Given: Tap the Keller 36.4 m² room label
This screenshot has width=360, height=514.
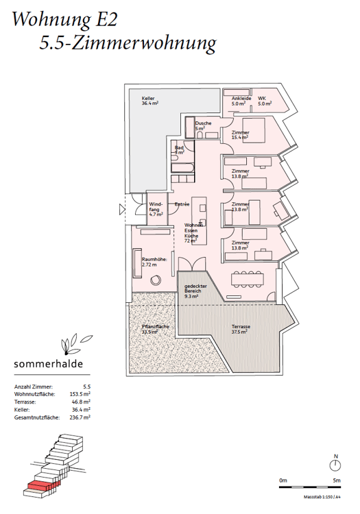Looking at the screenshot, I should click(149, 100).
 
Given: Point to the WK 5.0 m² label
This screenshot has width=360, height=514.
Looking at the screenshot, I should click(265, 101).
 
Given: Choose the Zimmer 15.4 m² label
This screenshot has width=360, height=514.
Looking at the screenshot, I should click(240, 134).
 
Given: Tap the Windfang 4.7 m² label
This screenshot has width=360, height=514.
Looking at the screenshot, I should click(157, 208).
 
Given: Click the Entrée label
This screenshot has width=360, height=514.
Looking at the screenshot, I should click(182, 204).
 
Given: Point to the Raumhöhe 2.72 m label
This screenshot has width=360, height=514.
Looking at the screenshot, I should click(152, 262).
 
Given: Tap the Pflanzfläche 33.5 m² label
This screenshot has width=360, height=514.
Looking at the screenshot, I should click(156, 330).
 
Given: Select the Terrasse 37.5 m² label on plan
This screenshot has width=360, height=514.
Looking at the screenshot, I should click(240, 330).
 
